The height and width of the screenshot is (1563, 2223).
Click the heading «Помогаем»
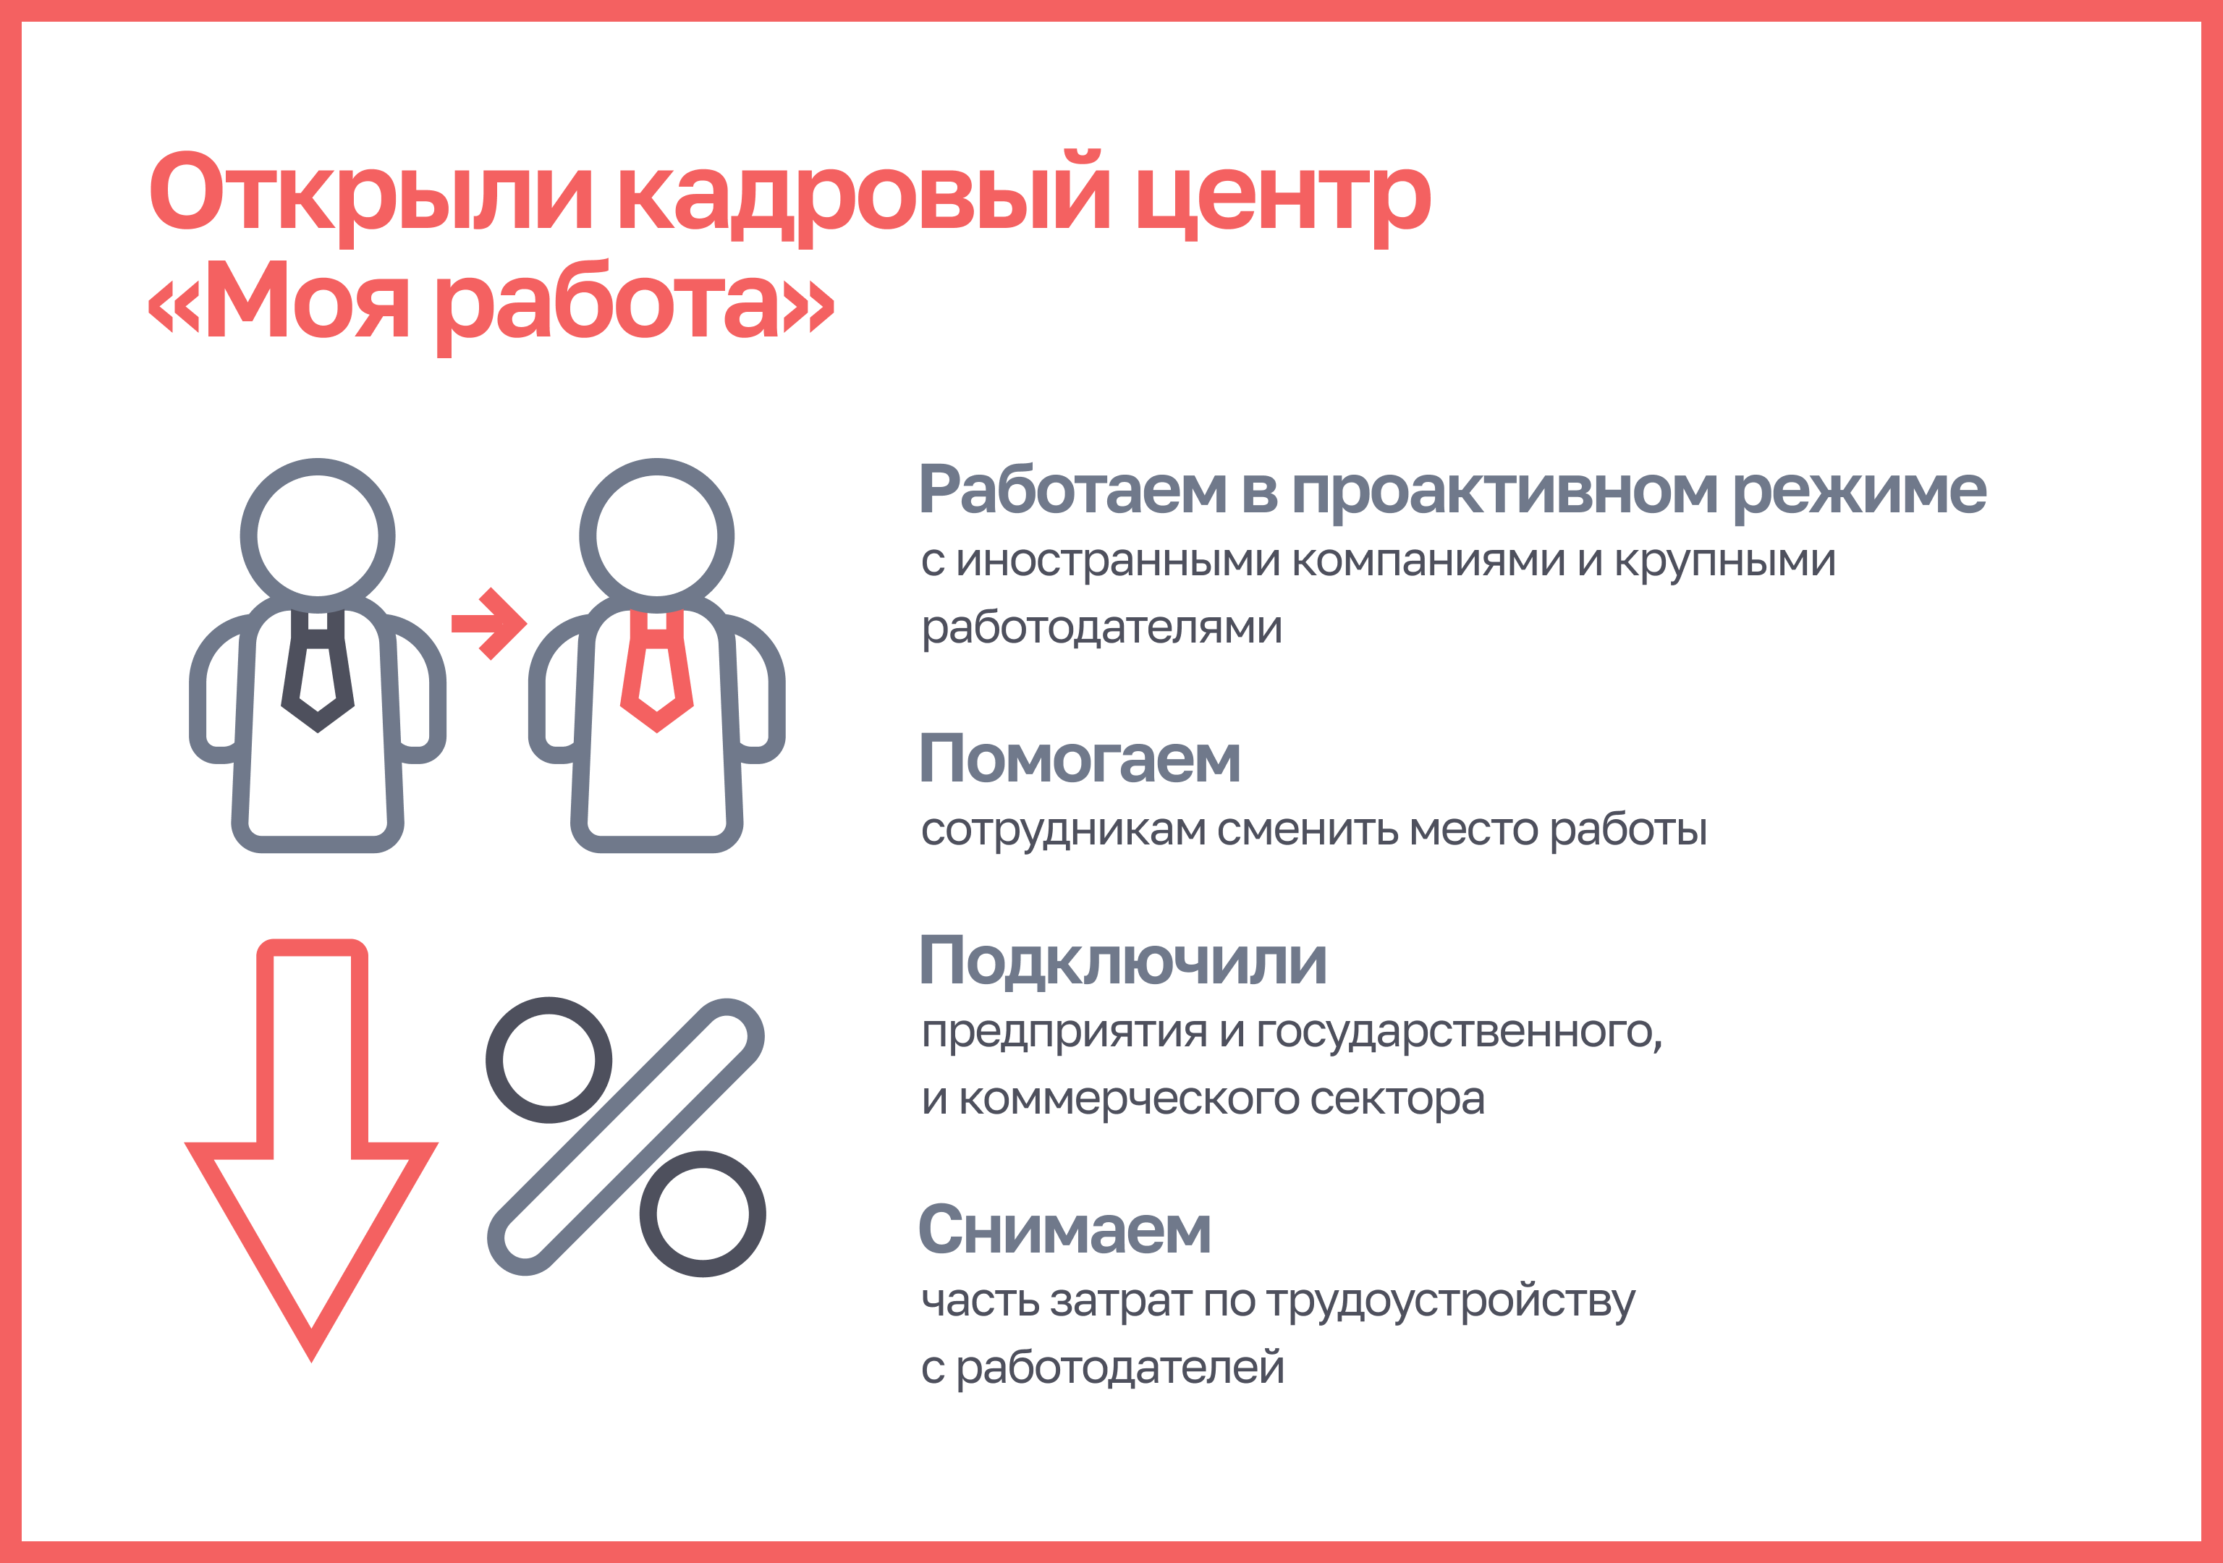[x=1080, y=758]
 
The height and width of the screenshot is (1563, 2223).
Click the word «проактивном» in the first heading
[x=1504, y=492]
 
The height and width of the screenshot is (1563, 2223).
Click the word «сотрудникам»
[x=1063, y=831]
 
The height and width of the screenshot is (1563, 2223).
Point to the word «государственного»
[x=1459, y=1033]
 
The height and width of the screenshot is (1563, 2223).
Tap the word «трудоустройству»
[x=1450, y=1302]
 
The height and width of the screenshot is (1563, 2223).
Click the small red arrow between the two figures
[x=489, y=624]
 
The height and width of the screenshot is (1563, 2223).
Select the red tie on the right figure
[x=656, y=670]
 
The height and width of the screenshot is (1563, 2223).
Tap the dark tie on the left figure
[x=318, y=670]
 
